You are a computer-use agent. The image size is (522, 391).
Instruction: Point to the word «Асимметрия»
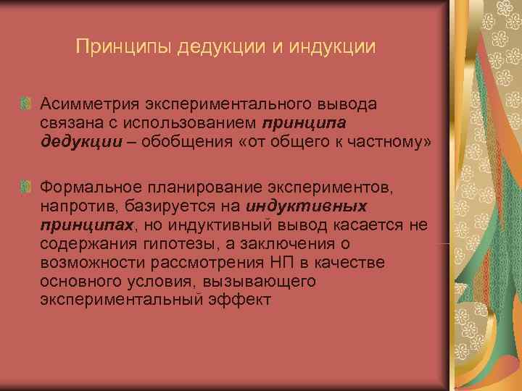pos(86,104)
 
